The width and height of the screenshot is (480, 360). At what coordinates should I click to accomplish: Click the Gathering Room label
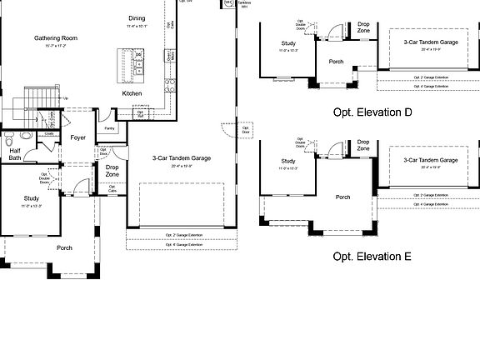pyautogui.click(x=56, y=38)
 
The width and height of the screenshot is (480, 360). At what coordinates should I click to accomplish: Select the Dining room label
pyautogui.click(x=136, y=18)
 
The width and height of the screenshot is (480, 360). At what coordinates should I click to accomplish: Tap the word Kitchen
pyautogui.click(x=132, y=93)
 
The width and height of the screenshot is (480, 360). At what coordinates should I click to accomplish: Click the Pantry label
pyautogui.click(x=109, y=128)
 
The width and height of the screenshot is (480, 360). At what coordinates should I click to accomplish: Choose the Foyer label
pyautogui.click(x=78, y=137)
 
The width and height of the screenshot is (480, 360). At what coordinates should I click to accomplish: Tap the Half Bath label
pyautogui.click(x=15, y=153)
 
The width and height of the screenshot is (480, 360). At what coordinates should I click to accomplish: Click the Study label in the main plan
pyautogui.click(x=32, y=198)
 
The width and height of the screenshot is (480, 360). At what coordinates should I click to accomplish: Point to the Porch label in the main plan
pyautogui.click(x=64, y=247)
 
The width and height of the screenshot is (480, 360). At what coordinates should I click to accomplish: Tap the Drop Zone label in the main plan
pyautogui.click(x=112, y=171)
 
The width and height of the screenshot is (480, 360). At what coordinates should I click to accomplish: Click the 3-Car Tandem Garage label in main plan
pyautogui.click(x=181, y=157)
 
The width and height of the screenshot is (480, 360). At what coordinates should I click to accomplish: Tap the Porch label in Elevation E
pyautogui.click(x=342, y=197)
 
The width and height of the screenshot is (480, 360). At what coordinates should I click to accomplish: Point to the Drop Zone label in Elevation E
pyautogui.click(x=363, y=145)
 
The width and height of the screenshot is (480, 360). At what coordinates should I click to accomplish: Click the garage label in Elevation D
pyautogui.click(x=431, y=42)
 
